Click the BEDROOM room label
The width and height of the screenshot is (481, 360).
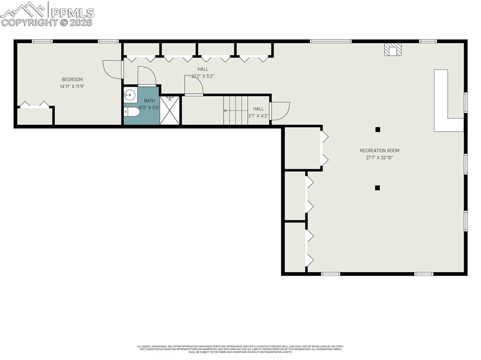tap(72, 79)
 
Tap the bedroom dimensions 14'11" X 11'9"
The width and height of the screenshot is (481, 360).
tap(72, 86)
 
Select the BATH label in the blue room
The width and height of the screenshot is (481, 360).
tap(149, 100)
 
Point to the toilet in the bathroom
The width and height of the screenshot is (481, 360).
tap(131, 112)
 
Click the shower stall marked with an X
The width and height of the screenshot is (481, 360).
tap(170, 110)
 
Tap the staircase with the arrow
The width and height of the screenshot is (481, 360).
tap(235, 110)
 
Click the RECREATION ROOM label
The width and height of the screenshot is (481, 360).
tap(380, 151)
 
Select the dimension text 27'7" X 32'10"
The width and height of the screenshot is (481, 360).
tap(380, 158)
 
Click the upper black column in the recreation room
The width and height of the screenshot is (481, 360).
tap(377, 130)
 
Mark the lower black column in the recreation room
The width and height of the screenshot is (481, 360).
tap(377, 188)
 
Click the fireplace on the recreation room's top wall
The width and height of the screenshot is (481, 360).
tap(392, 49)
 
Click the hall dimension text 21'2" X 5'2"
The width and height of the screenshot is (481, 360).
tap(202, 76)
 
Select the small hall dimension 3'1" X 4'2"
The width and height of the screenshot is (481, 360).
tap(258, 115)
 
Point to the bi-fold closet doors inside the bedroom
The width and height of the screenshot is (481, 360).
tap(35, 105)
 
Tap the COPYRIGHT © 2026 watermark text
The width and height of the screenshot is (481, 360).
tap(47, 22)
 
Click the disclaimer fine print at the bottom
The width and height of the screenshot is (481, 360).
tap(240, 349)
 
